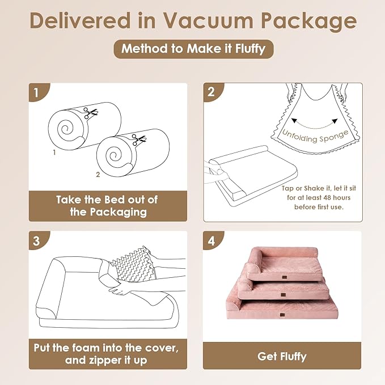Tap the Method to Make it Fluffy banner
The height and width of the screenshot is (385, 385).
tap(193, 49)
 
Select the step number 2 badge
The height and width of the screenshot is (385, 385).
tap(211, 91)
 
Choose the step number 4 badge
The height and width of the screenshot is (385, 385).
tap(211, 239)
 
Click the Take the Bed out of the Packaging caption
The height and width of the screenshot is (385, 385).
tap(107, 206)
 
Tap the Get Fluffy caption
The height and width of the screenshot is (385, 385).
tap(282, 356)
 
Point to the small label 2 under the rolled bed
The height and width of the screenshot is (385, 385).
tap(98, 175)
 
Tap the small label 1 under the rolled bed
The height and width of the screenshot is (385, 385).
tap(54, 153)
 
